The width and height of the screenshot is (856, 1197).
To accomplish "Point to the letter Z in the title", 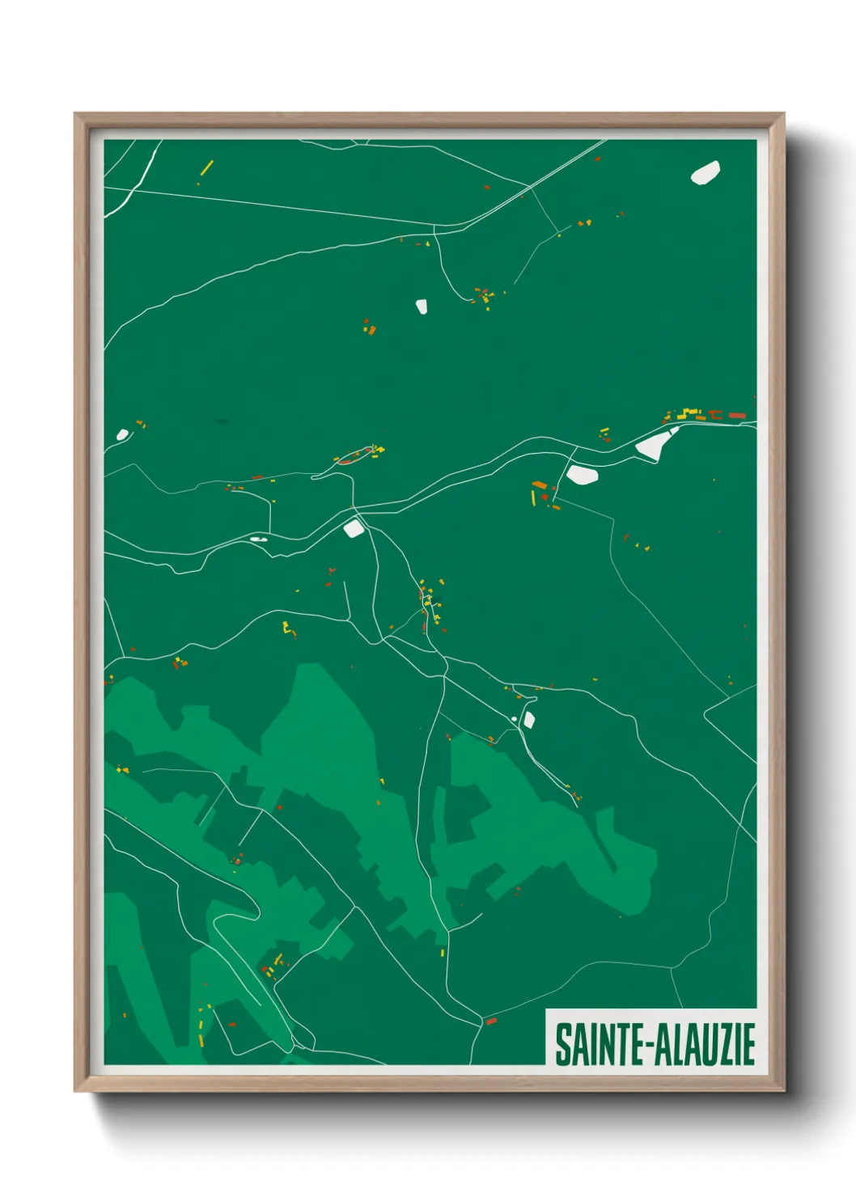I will click(x=725, y=1044).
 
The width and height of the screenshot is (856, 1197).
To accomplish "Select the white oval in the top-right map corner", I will click(x=706, y=173).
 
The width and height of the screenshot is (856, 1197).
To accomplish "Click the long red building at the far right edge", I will click(x=736, y=415).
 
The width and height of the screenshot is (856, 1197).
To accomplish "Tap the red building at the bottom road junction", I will click(x=490, y=1021).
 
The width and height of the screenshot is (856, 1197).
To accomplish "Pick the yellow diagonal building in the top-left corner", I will click(x=206, y=167).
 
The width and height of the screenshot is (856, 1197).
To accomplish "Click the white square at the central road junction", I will click(x=354, y=529).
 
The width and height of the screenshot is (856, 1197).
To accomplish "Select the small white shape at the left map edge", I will click(x=122, y=434).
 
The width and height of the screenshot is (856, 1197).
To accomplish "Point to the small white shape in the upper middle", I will click(x=422, y=306).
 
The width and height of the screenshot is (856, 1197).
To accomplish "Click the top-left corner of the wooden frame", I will click(x=76, y=115).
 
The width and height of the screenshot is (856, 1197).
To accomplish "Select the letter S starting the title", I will click(x=561, y=1044).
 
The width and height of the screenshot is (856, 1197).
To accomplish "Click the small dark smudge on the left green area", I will click(x=222, y=421).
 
